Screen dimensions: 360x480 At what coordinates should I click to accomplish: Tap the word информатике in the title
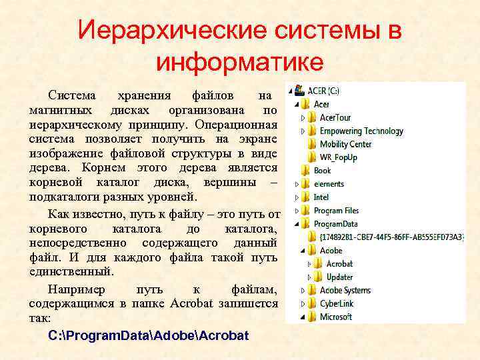(x=240, y=62)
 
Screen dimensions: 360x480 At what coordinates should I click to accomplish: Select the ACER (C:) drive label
(x=323, y=91)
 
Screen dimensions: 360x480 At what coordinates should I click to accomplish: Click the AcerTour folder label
(x=335, y=117)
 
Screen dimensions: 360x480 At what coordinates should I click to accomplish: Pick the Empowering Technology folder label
(x=361, y=131)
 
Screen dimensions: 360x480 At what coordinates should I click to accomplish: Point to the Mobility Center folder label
(x=345, y=144)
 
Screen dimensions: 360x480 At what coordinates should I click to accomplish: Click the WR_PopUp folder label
(x=338, y=157)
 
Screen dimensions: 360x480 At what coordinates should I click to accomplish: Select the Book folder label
(x=323, y=171)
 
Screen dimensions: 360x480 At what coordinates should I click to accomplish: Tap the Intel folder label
(x=321, y=197)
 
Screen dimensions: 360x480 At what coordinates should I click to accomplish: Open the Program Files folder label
(x=337, y=211)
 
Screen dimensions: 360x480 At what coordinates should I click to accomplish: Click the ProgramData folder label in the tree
(x=336, y=224)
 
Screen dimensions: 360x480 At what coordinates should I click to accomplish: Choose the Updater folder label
(x=340, y=277)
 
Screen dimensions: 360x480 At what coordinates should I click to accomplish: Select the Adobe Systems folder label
(x=345, y=290)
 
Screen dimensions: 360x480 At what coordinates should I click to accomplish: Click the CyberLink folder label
(x=337, y=303)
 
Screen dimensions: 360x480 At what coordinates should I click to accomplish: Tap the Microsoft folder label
(x=336, y=317)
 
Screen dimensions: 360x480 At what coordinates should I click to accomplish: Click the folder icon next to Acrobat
(x=318, y=263)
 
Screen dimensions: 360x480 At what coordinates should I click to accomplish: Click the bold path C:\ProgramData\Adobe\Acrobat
(x=149, y=335)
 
